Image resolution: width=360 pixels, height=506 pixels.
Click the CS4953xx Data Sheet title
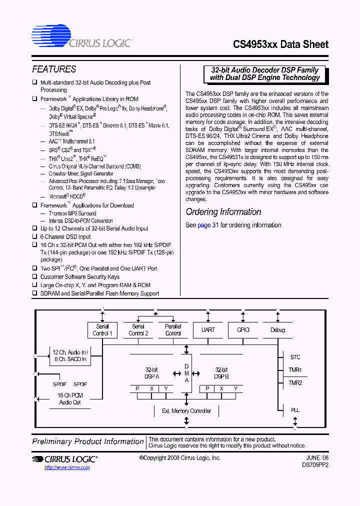(x=280, y=44)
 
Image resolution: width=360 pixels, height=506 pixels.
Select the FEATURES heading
(x=54, y=69)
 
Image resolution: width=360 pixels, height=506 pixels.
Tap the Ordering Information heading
(x=223, y=212)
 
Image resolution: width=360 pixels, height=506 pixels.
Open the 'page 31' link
(x=208, y=225)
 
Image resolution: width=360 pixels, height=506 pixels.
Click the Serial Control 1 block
(x=102, y=330)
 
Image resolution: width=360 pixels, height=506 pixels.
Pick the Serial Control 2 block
(x=138, y=330)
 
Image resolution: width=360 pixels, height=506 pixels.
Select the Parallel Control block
(x=173, y=330)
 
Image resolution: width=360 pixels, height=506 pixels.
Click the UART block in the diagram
(x=208, y=330)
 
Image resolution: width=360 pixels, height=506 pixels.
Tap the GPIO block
(x=242, y=330)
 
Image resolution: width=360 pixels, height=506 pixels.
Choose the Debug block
(x=277, y=330)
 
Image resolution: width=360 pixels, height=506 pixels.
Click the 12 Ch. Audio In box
(x=70, y=355)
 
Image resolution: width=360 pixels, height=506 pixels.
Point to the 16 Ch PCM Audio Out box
(x=70, y=398)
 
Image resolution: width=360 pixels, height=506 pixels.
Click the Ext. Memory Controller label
(x=186, y=411)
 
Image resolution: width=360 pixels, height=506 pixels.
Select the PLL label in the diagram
(x=295, y=410)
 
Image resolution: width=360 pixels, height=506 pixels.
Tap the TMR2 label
(x=295, y=383)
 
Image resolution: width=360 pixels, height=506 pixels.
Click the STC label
(x=295, y=357)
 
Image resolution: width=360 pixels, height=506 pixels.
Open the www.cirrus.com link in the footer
(x=67, y=467)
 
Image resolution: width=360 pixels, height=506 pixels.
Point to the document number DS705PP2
(x=315, y=465)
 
